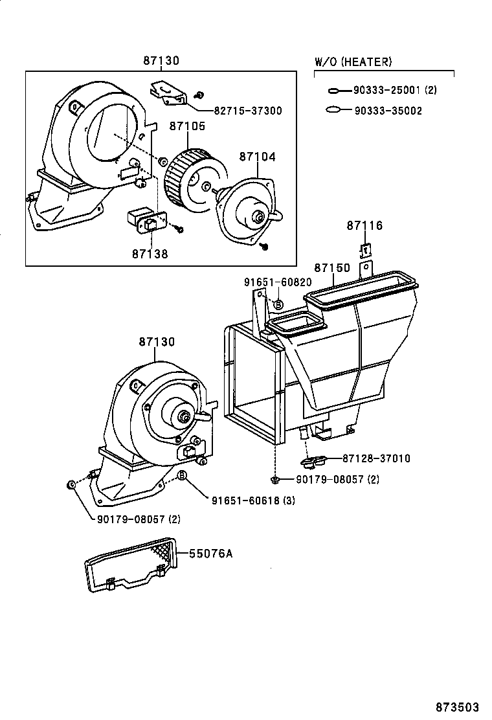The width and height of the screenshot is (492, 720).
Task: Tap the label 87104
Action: [256, 157]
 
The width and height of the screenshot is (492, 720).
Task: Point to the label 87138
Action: [150, 254]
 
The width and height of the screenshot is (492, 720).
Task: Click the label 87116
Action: [364, 226]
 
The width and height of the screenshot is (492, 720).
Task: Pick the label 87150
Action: [332, 267]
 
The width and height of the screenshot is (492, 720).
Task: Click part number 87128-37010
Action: [372, 458]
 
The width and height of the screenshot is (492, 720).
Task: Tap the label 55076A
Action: [210, 554]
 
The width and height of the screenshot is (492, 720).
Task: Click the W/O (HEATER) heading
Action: [353, 62]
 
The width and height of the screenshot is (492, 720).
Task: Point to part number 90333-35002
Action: [388, 111]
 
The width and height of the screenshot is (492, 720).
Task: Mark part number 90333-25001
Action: [388, 91]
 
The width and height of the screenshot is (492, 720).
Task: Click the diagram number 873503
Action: [460, 706]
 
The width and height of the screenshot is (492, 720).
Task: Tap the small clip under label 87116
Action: [365, 248]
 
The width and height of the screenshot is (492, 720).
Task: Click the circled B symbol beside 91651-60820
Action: [278, 304]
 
